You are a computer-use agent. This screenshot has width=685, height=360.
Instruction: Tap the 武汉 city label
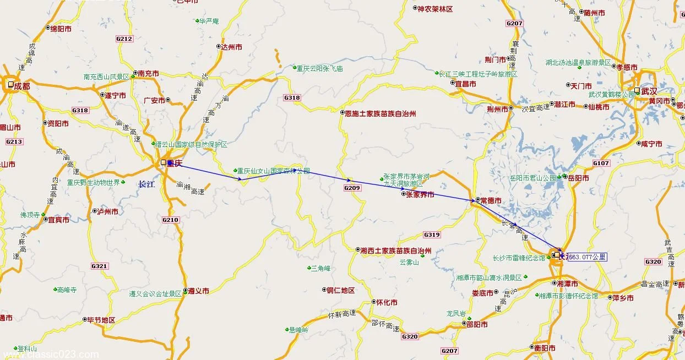click(649, 91)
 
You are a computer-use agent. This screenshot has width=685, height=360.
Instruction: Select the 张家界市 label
click(420, 194)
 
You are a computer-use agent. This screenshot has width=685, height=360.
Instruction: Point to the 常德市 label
click(491, 200)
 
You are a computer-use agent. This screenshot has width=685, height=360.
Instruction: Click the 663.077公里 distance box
click(587, 257)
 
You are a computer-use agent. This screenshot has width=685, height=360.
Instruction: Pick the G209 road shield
click(352, 188)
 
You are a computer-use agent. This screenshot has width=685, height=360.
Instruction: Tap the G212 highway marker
click(124, 39)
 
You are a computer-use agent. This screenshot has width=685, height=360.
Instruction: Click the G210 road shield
click(171, 220)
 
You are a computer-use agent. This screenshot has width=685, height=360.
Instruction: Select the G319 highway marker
click(432, 235)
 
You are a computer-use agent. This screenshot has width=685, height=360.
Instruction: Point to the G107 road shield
click(601, 163)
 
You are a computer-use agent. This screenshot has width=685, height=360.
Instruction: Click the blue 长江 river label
click(146, 184)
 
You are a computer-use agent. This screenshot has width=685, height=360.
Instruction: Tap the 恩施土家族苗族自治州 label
click(380, 113)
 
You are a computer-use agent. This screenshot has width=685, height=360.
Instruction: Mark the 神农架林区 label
click(435, 9)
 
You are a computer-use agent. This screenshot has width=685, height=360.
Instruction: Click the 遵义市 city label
click(198, 291)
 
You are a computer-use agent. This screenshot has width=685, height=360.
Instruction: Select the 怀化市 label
click(386, 303)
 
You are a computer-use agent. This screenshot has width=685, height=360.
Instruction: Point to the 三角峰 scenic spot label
click(320, 268)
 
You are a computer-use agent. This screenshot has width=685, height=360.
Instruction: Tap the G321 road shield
click(100, 266)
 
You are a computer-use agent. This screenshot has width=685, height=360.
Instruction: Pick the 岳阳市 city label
click(578, 178)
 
